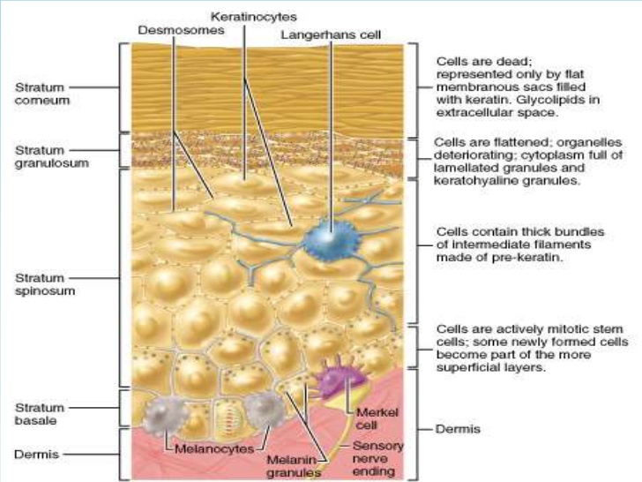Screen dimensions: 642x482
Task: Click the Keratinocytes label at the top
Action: pyautogui.click(x=253, y=17)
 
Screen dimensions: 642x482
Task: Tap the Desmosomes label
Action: pyautogui.click(x=181, y=30)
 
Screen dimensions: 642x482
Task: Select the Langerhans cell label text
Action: pyautogui.click(x=331, y=35)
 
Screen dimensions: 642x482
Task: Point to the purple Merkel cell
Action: pyautogui.click(x=339, y=379)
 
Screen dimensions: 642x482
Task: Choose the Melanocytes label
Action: pyautogui.click(x=214, y=449)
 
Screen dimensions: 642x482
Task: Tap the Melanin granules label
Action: pyautogui.click(x=293, y=466)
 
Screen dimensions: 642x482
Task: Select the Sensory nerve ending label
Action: pyautogui.click(x=377, y=459)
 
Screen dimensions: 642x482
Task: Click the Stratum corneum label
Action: pyautogui.click(x=42, y=94)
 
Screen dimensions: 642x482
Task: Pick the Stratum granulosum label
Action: pyautogui.click(x=51, y=156)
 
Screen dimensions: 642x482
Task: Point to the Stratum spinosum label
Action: pyautogui.click(x=45, y=284)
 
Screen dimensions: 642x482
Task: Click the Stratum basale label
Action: pyautogui.click(x=40, y=414)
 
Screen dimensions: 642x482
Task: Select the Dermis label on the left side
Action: pyautogui.click(x=36, y=454)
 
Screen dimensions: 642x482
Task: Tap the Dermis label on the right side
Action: pyautogui.click(x=458, y=429)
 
